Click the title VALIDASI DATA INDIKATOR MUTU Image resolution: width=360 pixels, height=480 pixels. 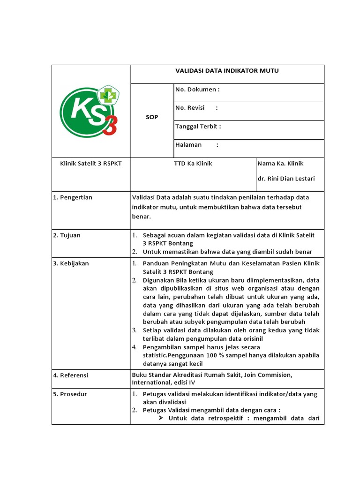pos(227,71)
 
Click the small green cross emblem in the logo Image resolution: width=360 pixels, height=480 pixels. pos(110,94)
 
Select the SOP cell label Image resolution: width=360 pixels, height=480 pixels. pos(152,117)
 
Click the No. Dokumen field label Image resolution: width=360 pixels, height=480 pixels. pos(197,90)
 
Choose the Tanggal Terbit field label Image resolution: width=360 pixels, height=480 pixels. pos(198,126)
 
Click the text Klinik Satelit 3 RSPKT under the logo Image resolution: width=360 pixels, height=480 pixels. pos(91,164)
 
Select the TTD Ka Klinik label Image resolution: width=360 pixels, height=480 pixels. pos(193,164)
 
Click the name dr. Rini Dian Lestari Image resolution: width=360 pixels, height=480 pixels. pos(286,179)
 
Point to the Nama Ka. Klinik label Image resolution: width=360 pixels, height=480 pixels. pos(281,164)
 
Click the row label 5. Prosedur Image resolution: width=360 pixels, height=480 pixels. pos(70,394)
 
